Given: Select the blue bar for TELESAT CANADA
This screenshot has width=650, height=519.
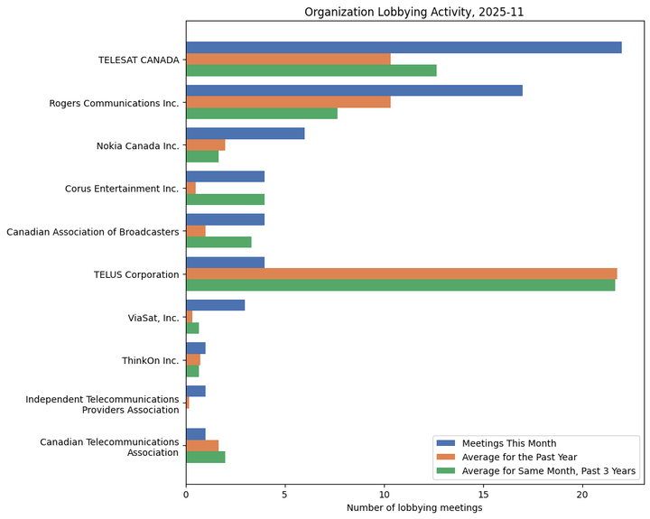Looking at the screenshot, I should coord(404,48).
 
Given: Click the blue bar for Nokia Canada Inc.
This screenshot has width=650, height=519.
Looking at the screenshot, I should coord(245,134).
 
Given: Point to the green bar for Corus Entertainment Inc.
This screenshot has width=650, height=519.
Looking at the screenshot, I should coord(225,199).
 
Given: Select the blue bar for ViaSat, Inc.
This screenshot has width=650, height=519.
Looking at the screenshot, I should coord(215,305).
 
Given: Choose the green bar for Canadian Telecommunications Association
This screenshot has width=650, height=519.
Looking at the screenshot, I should coord(205,457).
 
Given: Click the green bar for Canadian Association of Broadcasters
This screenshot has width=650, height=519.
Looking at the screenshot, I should coord(218,242).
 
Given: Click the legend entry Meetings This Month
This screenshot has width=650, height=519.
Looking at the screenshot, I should coord(508,443).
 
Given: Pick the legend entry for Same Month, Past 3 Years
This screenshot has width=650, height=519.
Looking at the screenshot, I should coord(548,470).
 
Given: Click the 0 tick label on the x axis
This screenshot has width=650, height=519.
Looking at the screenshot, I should coord(186,494).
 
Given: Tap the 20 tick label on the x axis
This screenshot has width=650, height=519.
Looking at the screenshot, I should coord(583,494).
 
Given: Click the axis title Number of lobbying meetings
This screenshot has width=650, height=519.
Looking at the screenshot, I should coord(414,508).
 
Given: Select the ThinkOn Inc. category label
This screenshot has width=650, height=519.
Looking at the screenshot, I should coord(150,361).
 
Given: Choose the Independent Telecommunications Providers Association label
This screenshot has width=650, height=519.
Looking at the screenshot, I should coord(102,404).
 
